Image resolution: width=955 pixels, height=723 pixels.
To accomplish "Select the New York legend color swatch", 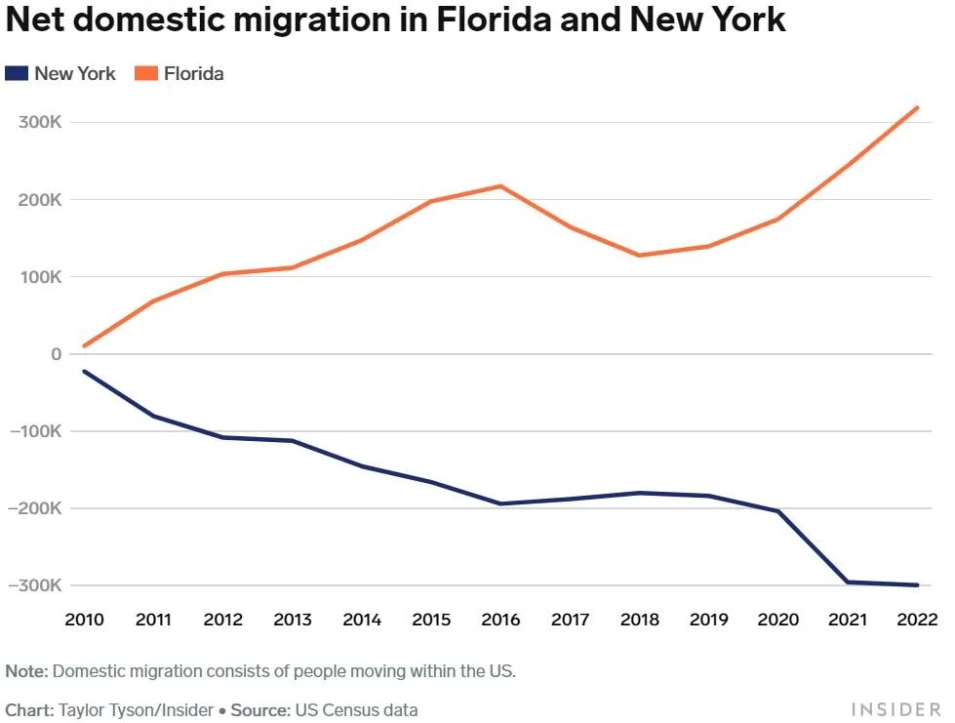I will pos(17,73).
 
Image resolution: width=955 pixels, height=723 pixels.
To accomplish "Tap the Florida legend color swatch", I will pos(146,73).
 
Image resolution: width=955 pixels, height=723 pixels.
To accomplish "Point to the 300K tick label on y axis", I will pos(40,123).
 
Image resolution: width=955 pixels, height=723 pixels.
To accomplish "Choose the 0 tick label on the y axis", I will pos(56,354).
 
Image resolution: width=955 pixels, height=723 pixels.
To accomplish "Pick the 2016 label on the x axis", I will pos(501,620).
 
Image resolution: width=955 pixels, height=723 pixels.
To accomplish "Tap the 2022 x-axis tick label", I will pos(917,620).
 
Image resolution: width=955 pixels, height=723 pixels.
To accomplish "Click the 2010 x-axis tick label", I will pos(85,620).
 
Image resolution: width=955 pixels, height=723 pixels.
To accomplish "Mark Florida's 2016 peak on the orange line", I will pos(501,185).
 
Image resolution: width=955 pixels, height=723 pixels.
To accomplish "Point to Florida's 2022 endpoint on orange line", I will pos(917,107).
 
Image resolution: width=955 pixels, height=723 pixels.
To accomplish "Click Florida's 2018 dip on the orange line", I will pos(640,256).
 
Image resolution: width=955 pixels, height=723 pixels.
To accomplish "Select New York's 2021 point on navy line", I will pos(848,582).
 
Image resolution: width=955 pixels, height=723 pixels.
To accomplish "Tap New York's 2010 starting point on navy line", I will pos(85,371).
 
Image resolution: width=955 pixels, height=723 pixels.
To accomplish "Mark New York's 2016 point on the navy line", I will pos(501,503).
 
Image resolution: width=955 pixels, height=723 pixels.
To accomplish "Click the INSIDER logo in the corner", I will pos(895,709).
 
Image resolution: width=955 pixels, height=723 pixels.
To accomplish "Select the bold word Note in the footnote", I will pos(25,671).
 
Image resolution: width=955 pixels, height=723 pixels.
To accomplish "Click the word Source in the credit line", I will pos(261,709).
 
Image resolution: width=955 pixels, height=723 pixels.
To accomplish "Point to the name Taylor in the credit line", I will pos(83,709).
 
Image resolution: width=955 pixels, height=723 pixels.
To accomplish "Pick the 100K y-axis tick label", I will pos(40,277).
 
